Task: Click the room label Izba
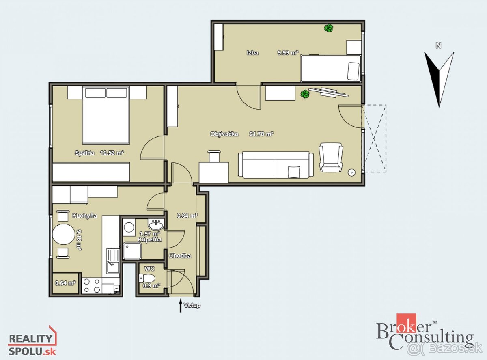(252, 53)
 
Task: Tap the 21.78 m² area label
(261, 134)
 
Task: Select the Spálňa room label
(84, 153)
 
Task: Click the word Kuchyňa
(84, 216)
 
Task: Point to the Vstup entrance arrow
(181, 305)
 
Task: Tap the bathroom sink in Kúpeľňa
(156, 224)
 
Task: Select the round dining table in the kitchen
(64, 234)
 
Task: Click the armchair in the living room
(331, 157)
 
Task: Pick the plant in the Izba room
(329, 28)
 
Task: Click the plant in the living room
(305, 94)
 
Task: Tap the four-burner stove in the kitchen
(92, 286)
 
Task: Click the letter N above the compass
(438, 45)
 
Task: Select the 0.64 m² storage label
(65, 283)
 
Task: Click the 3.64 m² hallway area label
(187, 216)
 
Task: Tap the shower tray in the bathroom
(132, 250)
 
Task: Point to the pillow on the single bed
(353, 71)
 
